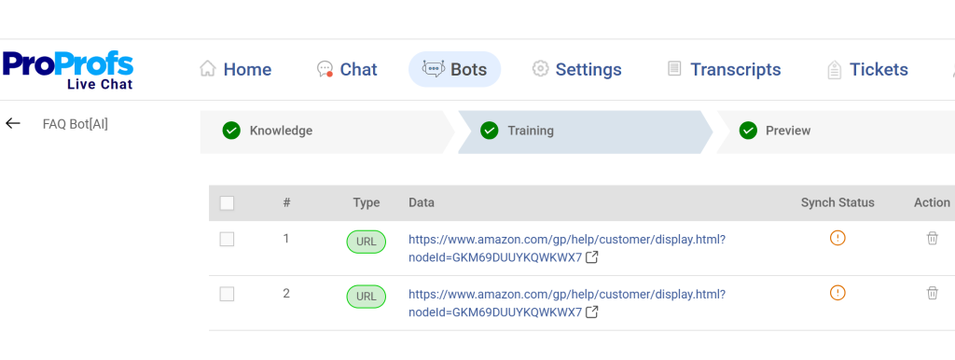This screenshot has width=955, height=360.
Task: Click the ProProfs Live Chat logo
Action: point(68,69)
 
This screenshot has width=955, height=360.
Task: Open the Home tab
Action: point(236,69)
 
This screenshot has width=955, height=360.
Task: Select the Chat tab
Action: point(347,69)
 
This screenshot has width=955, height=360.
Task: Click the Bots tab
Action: point(454,69)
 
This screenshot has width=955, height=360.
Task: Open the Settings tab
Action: point(576,69)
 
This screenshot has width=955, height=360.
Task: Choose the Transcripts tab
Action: point(724,69)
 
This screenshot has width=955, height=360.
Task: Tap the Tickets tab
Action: point(867,69)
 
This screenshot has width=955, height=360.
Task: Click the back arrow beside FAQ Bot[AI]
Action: point(13,123)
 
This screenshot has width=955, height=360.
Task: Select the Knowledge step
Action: point(281,131)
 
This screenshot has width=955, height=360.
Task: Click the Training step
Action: point(530,131)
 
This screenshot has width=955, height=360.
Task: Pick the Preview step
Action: point(788,131)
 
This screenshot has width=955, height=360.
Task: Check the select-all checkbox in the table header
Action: point(227,203)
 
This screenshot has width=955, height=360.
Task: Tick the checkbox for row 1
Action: point(227,240)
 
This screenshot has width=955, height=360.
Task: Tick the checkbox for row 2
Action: point(227,295)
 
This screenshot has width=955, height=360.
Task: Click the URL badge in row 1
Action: point(367,242)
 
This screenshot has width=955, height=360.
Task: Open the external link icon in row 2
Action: point(591,312)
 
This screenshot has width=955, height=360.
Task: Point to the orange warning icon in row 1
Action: point(837,238)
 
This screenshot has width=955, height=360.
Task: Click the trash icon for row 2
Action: point(932,293)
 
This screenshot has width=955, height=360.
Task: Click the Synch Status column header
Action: point(837,202)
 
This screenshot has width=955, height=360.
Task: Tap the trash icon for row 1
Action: point(932,238)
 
